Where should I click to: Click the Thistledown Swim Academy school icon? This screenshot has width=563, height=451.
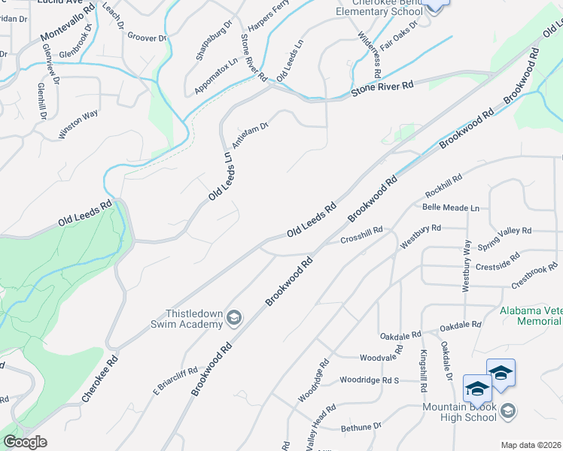point(234,318)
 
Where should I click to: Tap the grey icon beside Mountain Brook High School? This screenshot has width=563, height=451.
point(508,410)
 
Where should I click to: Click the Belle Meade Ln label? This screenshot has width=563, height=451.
point(451,207)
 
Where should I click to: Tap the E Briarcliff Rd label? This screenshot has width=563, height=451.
point(175,381)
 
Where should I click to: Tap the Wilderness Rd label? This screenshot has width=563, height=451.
point(369,56)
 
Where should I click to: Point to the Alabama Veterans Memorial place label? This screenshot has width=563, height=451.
point(530,316)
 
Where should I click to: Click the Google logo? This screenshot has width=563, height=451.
point(25,442)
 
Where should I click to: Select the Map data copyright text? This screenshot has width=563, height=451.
point(531,444)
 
